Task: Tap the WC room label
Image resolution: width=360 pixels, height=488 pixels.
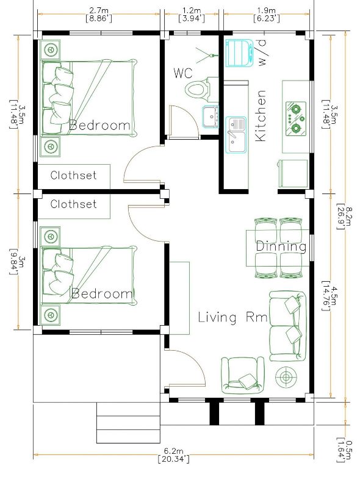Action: click(183, 73)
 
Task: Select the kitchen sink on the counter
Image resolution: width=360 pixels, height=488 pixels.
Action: click(236, 135)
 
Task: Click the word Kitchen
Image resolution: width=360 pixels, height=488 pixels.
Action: click(261, 116)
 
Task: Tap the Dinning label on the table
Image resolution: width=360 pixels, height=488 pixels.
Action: click(281, 246)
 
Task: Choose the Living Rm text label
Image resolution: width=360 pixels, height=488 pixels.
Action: click(232, 317)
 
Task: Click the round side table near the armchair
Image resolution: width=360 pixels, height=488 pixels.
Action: click(286, 378)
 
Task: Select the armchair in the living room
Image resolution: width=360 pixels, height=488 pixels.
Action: click(243, 375)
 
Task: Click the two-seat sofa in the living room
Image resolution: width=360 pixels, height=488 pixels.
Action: click(287, 326)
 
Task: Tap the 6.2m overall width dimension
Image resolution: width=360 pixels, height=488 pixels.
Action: click(173, 454)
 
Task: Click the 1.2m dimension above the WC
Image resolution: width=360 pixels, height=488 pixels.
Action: click(191, 15)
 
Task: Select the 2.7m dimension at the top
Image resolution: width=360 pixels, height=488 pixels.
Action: click(99, 15)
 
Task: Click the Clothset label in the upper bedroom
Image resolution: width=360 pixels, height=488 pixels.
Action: click(73, 175)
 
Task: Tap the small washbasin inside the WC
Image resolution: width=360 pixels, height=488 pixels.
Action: click(211, 117)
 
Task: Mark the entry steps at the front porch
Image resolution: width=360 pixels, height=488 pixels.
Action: click(128, 422)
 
